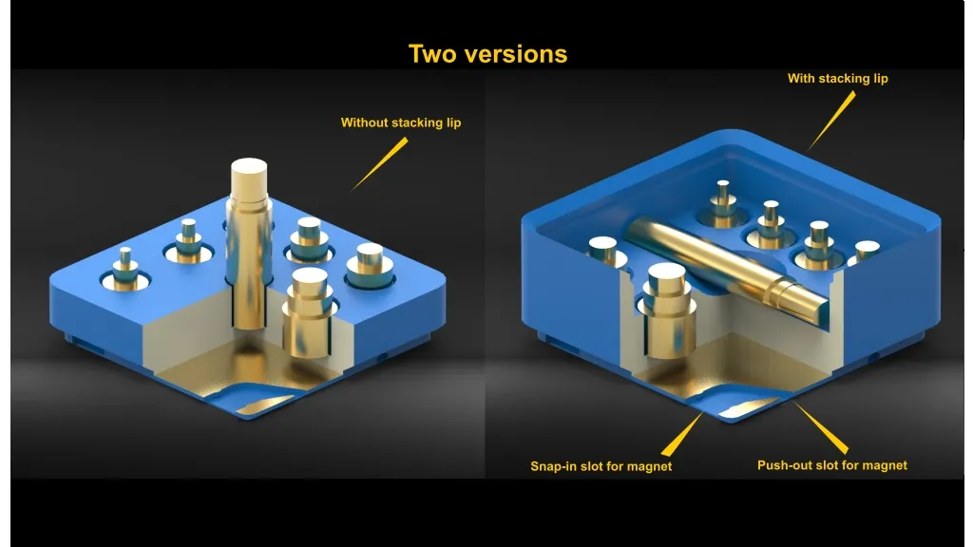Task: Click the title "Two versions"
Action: click(487, 54)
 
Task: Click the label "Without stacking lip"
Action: click(401, 123)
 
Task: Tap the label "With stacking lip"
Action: click(838, 78)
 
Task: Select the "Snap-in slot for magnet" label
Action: click(601, 466)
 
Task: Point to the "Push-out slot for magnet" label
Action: click(832, 465)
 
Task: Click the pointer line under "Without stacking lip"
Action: click(380, 164)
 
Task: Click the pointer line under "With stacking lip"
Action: click(831, 121)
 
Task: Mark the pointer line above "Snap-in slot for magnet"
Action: click(682, 435)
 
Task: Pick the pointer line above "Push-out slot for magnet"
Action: click(821, 428)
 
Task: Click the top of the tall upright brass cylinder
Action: click(249, 167)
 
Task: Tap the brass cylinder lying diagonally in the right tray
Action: click(726, 267)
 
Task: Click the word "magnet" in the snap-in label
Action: click(650, 467)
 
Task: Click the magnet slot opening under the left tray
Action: click(264, 404)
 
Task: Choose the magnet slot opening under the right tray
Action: click(747, 406)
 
